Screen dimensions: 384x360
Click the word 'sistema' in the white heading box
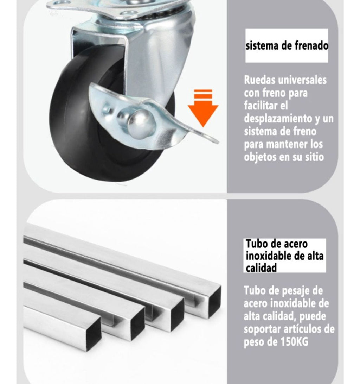[x=262, y=46]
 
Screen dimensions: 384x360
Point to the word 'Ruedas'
[x=259, y=80]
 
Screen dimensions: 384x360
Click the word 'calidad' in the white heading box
[x=261, y=268]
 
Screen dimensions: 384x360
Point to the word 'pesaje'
[x=295, y=291]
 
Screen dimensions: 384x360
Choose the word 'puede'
[x=314, y=316]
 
